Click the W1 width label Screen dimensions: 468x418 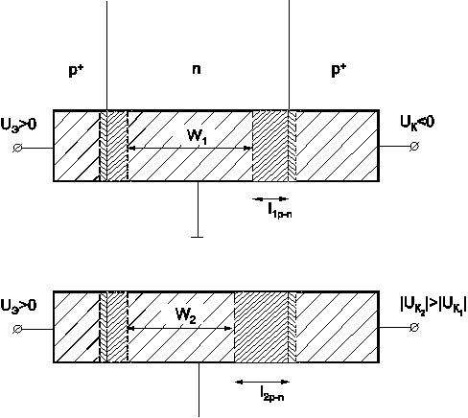(x=197, y=137)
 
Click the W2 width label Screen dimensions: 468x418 (x=186, y=315)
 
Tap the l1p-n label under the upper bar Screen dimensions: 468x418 (x=280, y=211)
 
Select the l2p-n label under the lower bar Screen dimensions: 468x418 (x=271, y=393)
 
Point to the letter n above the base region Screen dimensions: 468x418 (x=197, y=69)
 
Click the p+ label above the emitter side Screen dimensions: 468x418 (x=76, y=70)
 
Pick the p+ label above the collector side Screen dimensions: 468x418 (x=339, y=70)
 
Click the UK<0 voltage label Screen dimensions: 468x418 (x=417, y=123)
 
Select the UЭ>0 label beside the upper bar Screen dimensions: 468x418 (x=18, y=125)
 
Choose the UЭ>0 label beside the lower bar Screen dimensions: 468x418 (x=18, y=306)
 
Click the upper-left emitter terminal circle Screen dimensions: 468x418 (x=17, y=148)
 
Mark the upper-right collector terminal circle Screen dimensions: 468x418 (x=414, y=147)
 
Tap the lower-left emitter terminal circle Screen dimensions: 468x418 (x=17, y=329)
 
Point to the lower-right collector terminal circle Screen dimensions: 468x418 (x=414, y=328)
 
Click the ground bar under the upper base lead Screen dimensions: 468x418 (x=197, y=237)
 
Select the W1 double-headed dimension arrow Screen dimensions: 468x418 (x=190, y=148)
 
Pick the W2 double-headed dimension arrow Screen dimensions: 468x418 (x=179, y=328)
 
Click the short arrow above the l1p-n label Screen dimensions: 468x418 (x=270, y=199)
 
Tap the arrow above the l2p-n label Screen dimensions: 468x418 (x=263, y=382)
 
